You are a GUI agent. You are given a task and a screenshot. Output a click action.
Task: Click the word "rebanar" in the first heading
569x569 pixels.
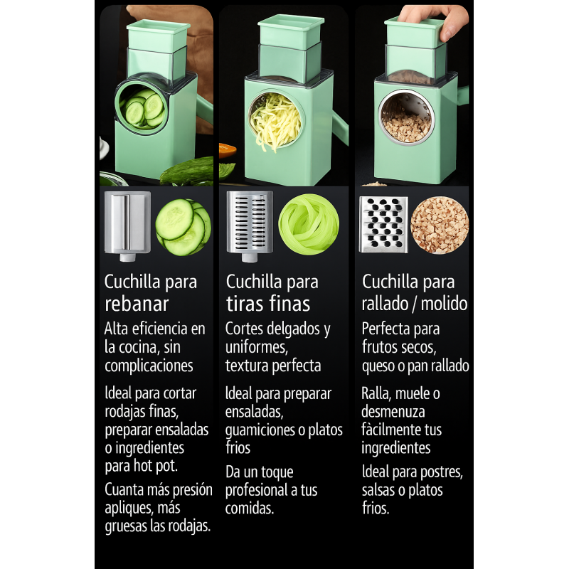coord(137,304)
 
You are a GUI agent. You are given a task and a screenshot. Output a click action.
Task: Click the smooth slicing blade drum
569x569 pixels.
coord(127,225)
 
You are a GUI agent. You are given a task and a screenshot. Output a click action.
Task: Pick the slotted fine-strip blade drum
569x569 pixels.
coord(250,225)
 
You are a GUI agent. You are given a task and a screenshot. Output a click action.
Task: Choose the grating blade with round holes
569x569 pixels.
coord(383,224)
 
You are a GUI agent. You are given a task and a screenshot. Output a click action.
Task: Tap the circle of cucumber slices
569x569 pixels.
coord(184,227)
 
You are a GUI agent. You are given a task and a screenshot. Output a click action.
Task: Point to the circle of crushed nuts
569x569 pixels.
coord(440,225)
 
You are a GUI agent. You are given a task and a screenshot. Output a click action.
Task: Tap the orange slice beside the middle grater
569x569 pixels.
coord(228,150)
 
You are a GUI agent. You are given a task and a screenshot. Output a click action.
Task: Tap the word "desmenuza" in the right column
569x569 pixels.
coord(393,412)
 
